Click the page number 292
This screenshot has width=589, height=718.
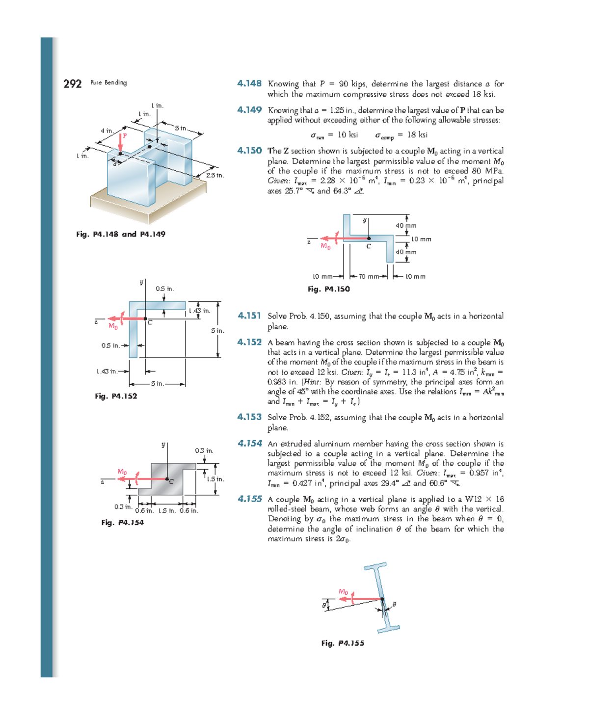pos(72,83)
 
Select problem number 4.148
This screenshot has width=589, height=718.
pos(249,83)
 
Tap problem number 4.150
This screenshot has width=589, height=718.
pos(249,151)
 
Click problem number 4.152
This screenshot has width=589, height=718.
pos(249,342)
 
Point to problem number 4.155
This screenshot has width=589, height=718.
pos(250,499)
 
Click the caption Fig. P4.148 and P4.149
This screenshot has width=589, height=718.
pos(121,234)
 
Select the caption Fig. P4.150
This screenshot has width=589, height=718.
pos(328,289)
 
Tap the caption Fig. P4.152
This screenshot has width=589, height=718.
pos(116,396)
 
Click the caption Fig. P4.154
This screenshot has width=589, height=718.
pos(122,523)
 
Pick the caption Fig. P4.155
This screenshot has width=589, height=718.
pos(343,643)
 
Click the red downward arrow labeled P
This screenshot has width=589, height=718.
pos(120,143)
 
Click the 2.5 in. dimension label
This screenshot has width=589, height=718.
pos(214,175)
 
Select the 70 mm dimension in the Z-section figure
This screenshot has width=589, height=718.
pos(369,276)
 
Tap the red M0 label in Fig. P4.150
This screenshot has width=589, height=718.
pos(325,246)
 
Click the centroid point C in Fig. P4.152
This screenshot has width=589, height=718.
pos(145,319)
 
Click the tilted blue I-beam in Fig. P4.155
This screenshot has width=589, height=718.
pos(382,598)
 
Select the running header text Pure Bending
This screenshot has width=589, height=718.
pos(108,82)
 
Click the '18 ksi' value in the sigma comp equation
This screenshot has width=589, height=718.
pos(417,134)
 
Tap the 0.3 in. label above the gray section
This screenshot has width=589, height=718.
pos(204,451)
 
